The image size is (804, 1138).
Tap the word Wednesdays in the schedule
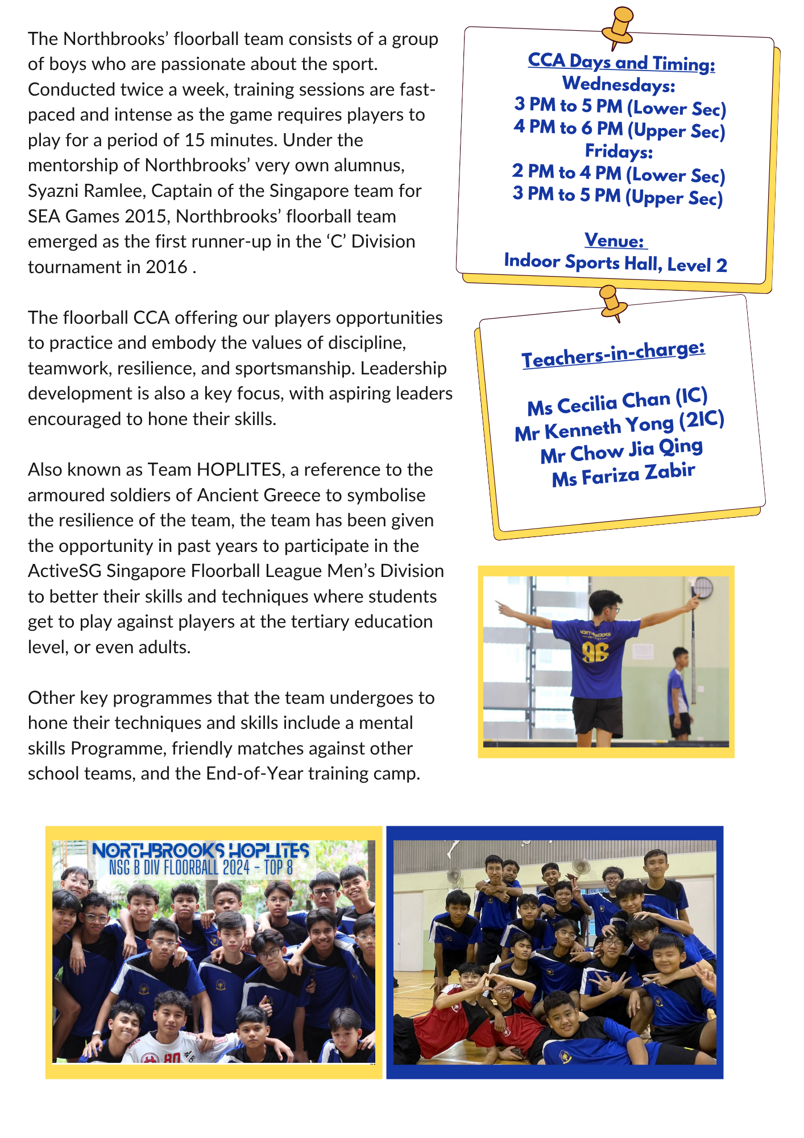click(x=619, y=84)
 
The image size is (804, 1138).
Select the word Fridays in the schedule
click(x=619, y=151)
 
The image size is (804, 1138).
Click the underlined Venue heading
click(x=615, y=240)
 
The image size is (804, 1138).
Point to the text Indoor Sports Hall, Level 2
click(x=615, y=263)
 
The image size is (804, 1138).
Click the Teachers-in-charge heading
click(x=613, y=354)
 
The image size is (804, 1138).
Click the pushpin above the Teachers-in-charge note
click(x=612, y=302)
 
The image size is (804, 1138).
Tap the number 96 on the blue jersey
click(x=595, y=652)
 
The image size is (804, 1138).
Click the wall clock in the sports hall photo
click(x=703, y=587)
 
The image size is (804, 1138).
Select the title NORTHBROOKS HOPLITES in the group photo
click(x=201, y=851)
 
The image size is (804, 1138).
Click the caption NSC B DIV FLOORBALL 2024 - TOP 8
click(x=201, y=868)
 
